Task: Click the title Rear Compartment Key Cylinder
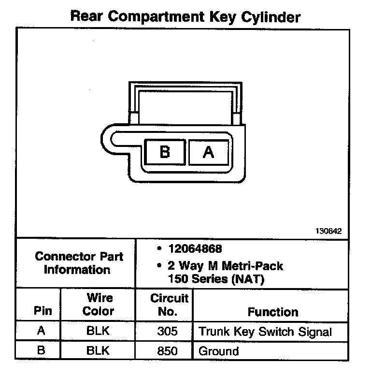pos(185,17)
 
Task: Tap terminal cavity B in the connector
pos(165,152)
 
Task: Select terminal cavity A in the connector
pos(208,152)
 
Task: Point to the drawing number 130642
pos(329,231)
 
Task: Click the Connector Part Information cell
pos(79,263)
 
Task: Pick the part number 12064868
pos(195,249)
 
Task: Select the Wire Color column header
pos(99,304)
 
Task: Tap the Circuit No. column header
pos(169,304)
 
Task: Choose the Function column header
pos(272,312)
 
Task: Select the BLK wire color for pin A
pos(99,332)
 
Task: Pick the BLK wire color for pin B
pos(99,350)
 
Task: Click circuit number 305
pos(168,332)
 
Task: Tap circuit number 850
pos(168,350)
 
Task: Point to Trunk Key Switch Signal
pos(265,332)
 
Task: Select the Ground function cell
pos(218,351)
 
